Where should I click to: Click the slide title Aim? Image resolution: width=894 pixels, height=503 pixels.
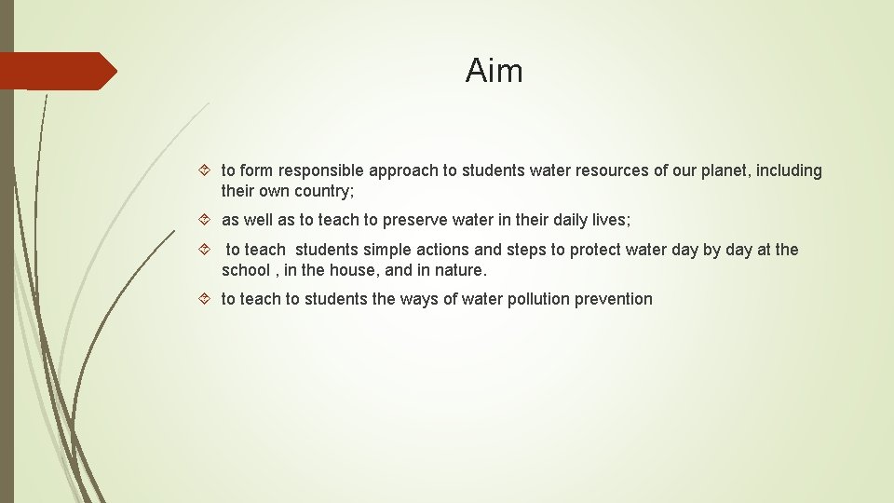(494, 71)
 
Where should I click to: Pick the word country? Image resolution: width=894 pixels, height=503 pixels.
(319, 191)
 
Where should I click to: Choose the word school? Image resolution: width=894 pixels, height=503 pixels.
(245, 270)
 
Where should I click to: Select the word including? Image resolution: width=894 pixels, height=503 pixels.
(791, 170)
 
